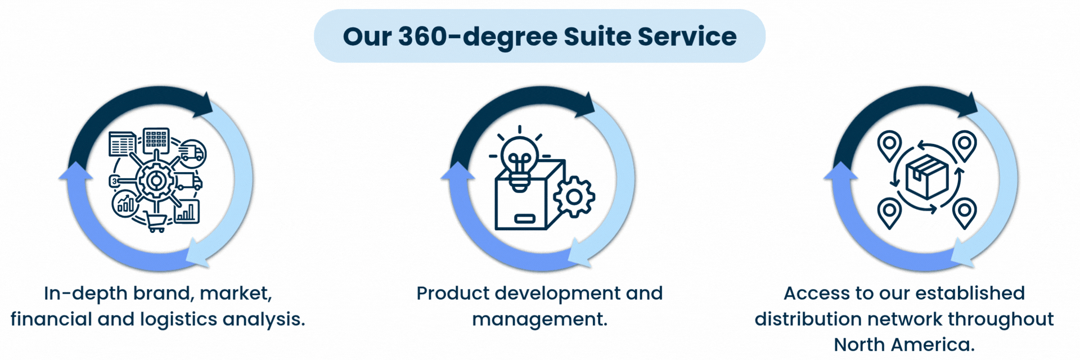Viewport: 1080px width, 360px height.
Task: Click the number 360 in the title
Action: point(422,37)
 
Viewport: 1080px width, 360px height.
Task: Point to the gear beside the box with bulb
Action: point(574,197)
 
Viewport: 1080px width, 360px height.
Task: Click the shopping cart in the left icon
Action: point(156,222)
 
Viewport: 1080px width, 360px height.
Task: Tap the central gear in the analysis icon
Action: point(156,181)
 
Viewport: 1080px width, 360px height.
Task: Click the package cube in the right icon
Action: point(926,177)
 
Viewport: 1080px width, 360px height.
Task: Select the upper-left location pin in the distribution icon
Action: point(889,145)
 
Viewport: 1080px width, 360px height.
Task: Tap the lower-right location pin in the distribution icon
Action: point(964,213)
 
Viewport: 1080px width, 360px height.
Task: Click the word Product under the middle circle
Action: point(453,293)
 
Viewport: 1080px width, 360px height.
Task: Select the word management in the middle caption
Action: point(539,319)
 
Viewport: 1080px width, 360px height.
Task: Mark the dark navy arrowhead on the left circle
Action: point(204,105)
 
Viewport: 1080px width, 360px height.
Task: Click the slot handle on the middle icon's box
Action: point(524,218)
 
